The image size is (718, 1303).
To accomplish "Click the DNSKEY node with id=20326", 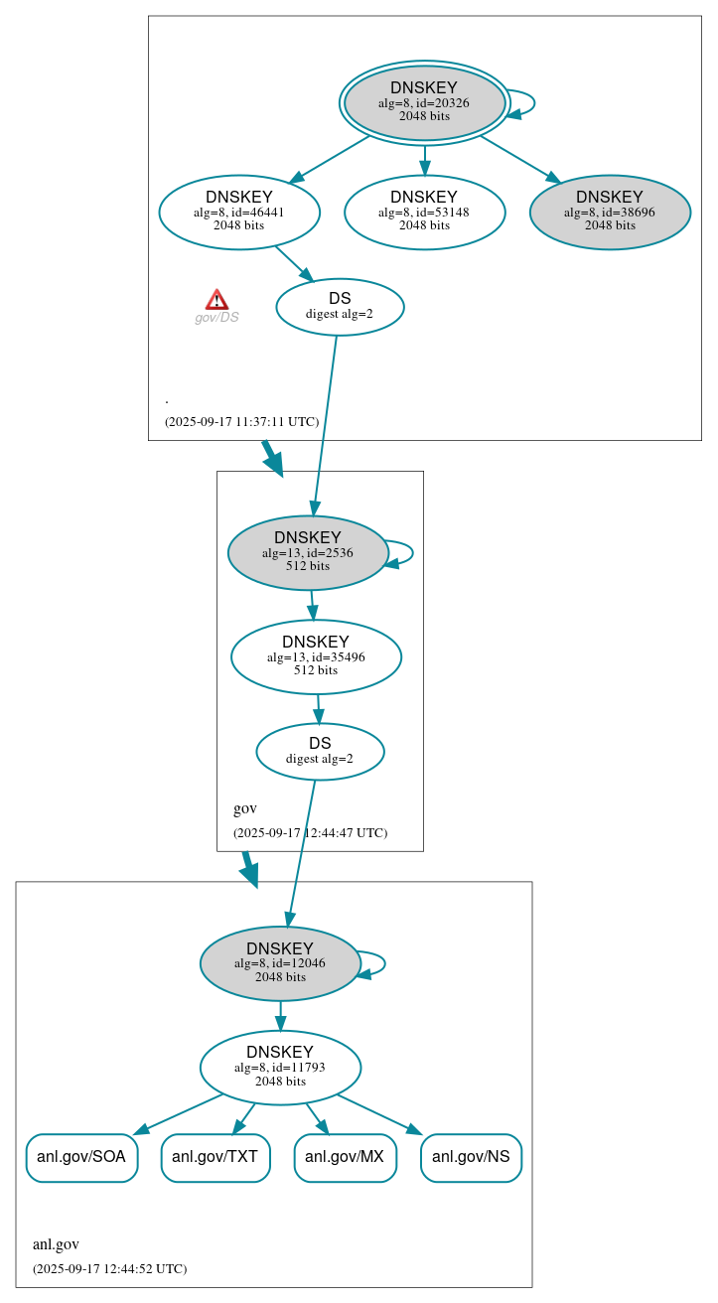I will pos(424,102).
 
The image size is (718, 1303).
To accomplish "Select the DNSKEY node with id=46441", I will pos(239,212).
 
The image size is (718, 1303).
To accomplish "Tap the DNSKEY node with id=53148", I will pos(424,212).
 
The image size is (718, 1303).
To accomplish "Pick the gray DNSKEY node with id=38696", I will pos(610,212).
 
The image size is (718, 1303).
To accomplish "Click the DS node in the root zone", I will pos(340,307).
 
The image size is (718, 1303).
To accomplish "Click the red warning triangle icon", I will pos(216,299).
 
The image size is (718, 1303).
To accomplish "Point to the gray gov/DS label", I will pos(216,318).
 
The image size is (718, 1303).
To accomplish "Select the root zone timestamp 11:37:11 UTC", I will pos(241,421).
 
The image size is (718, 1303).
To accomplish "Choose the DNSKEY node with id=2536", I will pos(308,552).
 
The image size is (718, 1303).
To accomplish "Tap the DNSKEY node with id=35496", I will pos(316,656).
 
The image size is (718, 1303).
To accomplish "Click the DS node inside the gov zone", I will pos(320,751).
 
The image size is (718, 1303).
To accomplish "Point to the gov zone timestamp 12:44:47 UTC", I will pos(310,832).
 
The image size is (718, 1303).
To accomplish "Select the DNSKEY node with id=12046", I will pos(280,963).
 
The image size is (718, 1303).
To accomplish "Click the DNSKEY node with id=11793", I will pos(280,1067).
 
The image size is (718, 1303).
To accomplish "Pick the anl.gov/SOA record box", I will pos(81,1157).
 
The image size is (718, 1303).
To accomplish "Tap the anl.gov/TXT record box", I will pos(215,1157).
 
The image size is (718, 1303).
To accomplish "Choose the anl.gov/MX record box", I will pos(345,1157).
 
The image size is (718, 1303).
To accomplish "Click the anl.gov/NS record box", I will pos(471,1157).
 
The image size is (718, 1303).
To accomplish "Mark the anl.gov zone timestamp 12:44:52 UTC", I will pos(109,1268).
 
